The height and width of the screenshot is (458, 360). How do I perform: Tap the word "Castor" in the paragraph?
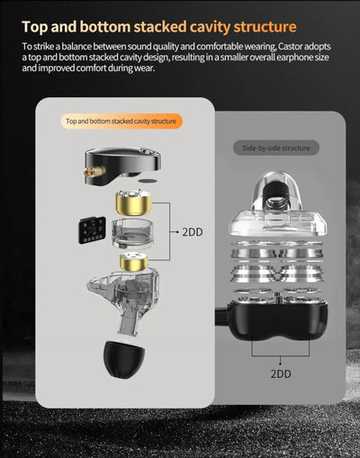point(291,47)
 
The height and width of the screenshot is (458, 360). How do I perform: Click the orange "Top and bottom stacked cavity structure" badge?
point(121,121)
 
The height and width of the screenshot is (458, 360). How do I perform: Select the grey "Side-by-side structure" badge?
point(276,148)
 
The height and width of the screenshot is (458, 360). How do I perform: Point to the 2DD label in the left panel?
point(193,232)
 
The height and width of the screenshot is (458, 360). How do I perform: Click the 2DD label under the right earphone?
point(281,373)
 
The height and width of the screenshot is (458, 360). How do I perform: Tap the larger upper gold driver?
point(133,202)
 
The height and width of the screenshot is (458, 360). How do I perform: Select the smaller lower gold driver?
point(133,261)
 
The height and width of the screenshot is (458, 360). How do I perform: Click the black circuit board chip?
point(93,229)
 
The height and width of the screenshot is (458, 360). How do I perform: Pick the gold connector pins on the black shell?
point(94,172)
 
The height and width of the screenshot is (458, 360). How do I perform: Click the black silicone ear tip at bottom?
point(123,358)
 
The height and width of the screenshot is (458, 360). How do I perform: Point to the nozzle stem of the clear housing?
point(129,324)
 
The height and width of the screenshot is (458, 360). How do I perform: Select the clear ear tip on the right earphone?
point(276,191)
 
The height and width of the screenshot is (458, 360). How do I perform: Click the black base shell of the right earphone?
point(277,322)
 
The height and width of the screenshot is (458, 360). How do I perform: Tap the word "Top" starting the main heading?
point(34,27)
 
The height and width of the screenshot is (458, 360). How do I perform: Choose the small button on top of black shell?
point(146,152)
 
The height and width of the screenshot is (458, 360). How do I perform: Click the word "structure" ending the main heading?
point(265,27)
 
